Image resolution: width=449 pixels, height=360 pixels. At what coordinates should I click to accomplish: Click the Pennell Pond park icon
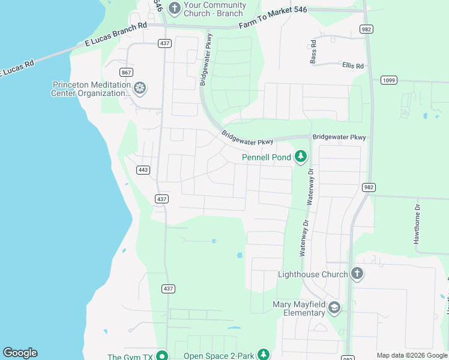pyautogui.click(x=301, y=157)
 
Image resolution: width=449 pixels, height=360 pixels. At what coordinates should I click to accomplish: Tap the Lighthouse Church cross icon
pyautogui.click(x=357, y=274)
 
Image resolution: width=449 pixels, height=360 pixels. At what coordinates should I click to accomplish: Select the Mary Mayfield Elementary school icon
pyautogui.click(x=334, y=308)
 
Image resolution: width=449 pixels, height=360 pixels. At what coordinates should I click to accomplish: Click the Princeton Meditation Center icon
pyautogui.click(x=140, y=89)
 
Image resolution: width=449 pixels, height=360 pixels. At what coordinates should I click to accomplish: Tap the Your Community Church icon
pyautogui.click(x=174, y=8)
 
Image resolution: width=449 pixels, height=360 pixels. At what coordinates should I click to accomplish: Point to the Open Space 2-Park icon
pyautogui.click(x=263, y=355)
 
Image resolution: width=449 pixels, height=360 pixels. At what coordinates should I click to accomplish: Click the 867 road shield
pyautogui.click(x=125, y=73)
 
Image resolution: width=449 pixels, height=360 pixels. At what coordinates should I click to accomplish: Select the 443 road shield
pyautogui.click(x=143, y=170)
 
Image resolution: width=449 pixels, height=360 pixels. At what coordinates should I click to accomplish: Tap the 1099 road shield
pyautogui.click(x=389, y=80)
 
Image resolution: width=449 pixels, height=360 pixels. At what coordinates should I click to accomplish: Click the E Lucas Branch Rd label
pyautogui.click(x=115, y=34)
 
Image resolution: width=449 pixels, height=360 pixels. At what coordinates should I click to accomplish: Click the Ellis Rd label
pyautogui.click(x=353, y=65)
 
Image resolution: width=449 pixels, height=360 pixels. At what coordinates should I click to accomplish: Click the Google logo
pyautogui.click(x=20, y=353)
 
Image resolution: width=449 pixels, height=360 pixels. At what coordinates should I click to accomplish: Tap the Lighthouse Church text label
pyautogui.click(x=313, y=274)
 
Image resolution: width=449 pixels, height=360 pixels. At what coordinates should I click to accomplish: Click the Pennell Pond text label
pyautogui.click(x=266, y=157)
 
